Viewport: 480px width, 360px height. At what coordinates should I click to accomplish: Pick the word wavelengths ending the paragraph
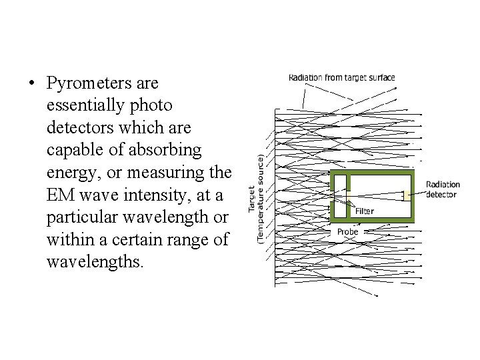click(94, 261)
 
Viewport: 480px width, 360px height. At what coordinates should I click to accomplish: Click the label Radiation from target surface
click(341, 77)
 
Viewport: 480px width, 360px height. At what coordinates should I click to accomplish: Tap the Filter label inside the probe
click(364, 211)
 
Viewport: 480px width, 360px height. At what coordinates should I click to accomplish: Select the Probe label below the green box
click(347, 231)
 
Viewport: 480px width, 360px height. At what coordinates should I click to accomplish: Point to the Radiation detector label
click(443, 189)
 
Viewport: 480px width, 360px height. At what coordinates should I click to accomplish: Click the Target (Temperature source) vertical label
click(257, 198)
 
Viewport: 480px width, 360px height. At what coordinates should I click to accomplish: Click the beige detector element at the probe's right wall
click(406, 196)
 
